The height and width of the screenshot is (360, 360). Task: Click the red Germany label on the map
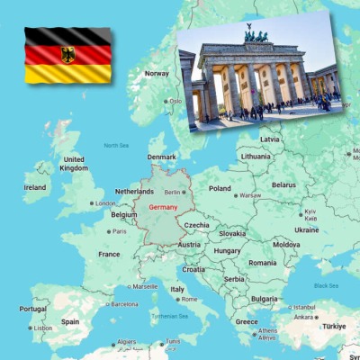163,208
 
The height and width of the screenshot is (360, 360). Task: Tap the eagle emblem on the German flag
68,54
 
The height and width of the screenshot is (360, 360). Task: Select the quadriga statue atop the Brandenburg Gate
255,37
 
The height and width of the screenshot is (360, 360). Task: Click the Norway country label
157,73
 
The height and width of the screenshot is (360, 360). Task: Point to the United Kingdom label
73,164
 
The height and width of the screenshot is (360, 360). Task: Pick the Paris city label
118,231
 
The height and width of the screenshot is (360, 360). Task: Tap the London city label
104,203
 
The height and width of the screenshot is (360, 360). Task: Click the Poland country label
220,189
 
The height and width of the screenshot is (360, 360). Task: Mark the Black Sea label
327,285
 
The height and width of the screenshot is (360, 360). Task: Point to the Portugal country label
32,309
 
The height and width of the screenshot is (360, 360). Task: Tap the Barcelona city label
124,304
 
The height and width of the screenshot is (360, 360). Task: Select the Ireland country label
35,187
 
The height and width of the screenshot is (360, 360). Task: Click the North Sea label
116,145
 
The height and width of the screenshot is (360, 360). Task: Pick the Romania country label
263,263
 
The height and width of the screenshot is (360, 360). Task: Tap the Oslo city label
175,101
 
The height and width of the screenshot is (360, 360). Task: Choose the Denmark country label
161,157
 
